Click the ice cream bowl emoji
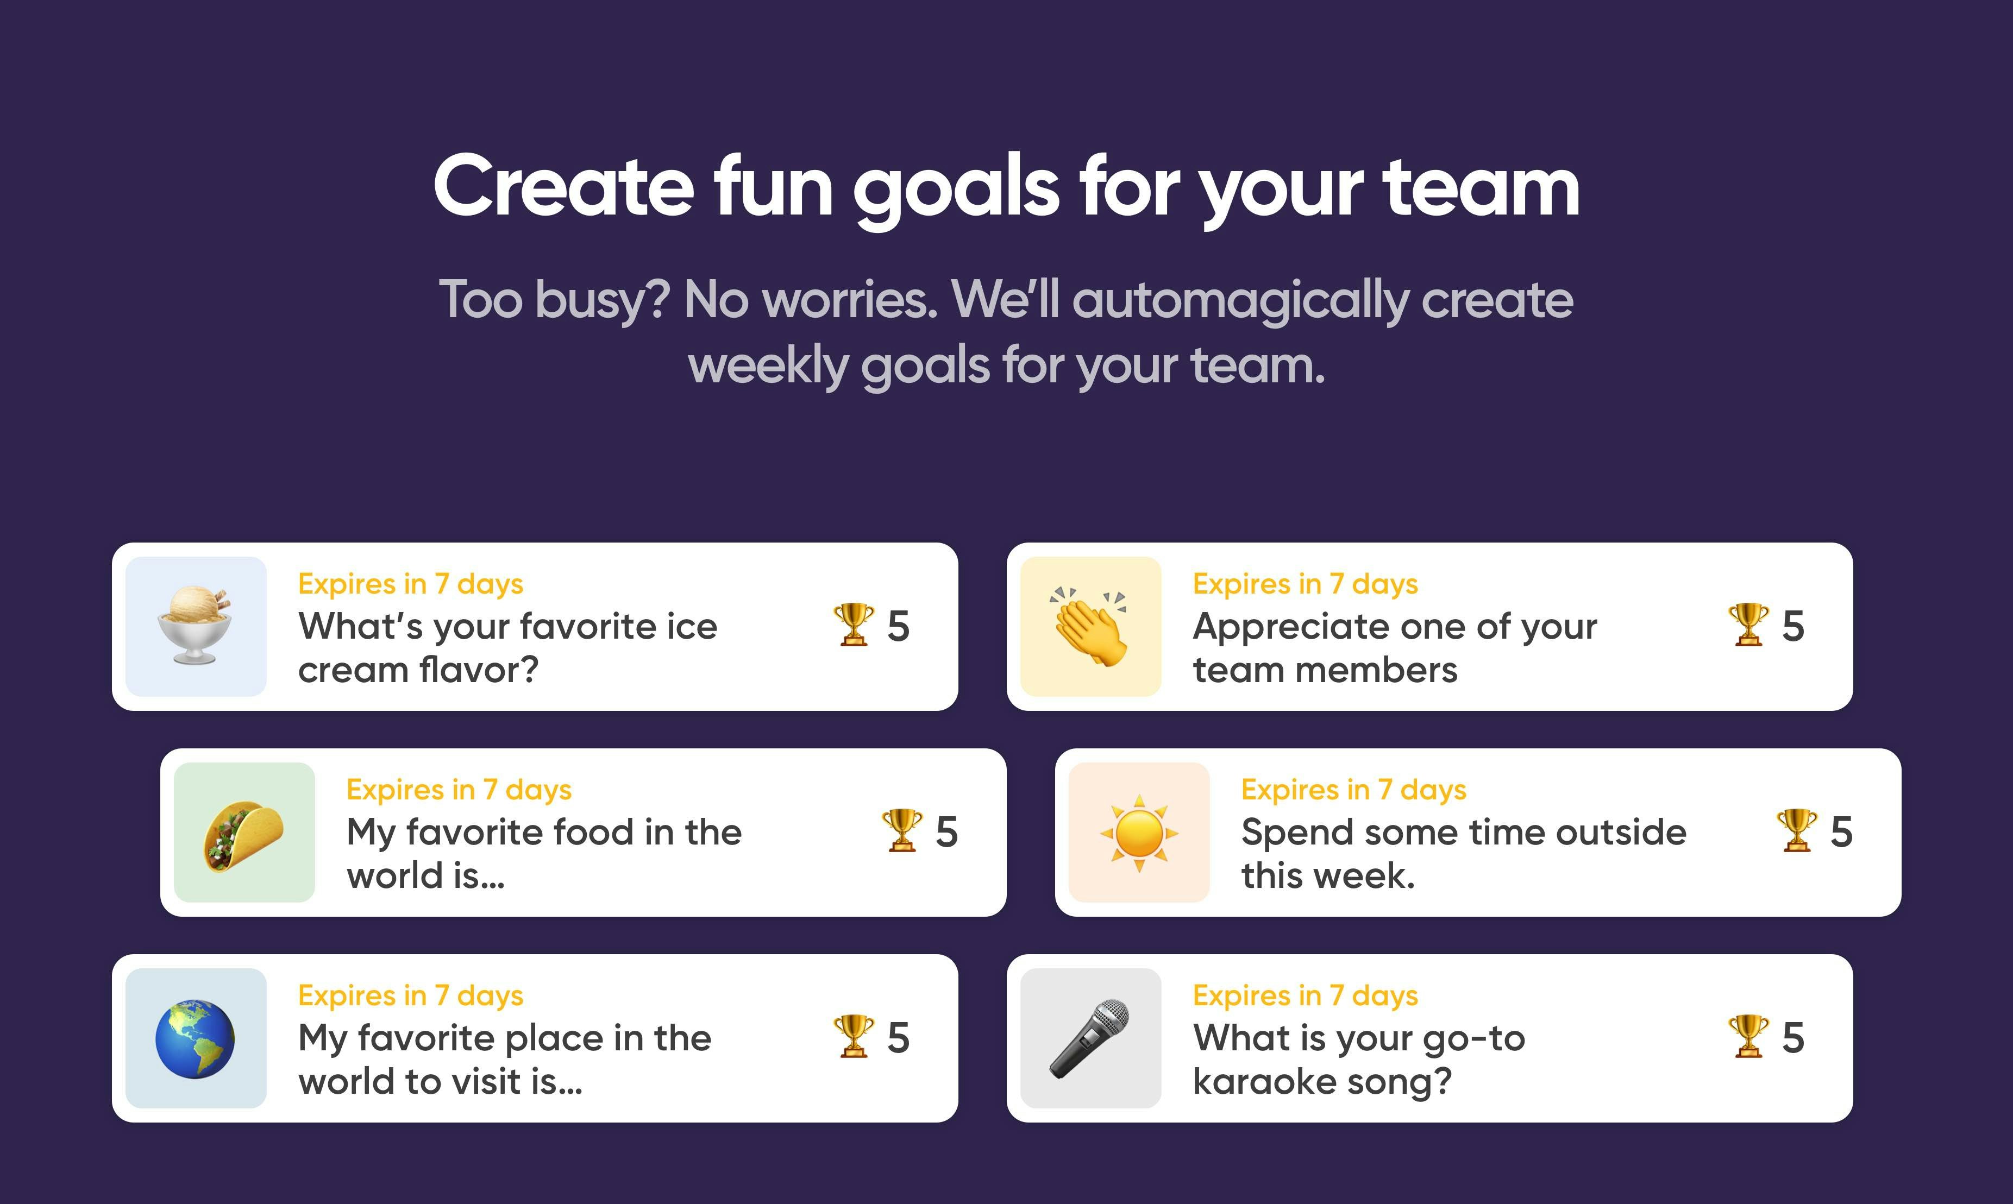[x=195, y=626]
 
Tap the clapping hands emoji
[x=1090, y=626]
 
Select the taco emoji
[x=243, y=833]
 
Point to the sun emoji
[x=1139, y=833]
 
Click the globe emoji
[x=195, y=1038]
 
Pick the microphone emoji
[x=1090, y=1038]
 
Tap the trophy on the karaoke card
[x=1748, y=1036]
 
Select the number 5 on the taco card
[x=946, y=833]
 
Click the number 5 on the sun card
[x=1841, y=833]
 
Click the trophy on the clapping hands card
[x=1748, y=625]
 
